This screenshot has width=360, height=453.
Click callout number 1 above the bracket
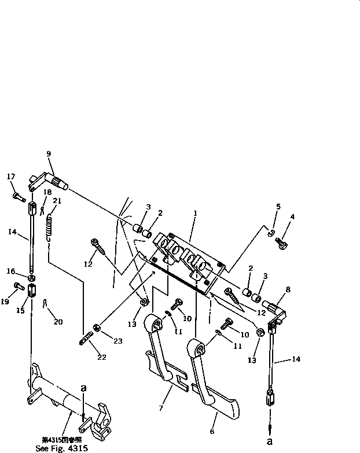(x=196, y=213)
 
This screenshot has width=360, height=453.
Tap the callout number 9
(x=49, y=154)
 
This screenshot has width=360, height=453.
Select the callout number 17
(x=10, y=176)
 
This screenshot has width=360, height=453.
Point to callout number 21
(x=57, y=201)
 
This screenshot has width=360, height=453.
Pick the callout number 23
(x=118, y=341)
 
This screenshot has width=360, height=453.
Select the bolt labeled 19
(x=18, y=285)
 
